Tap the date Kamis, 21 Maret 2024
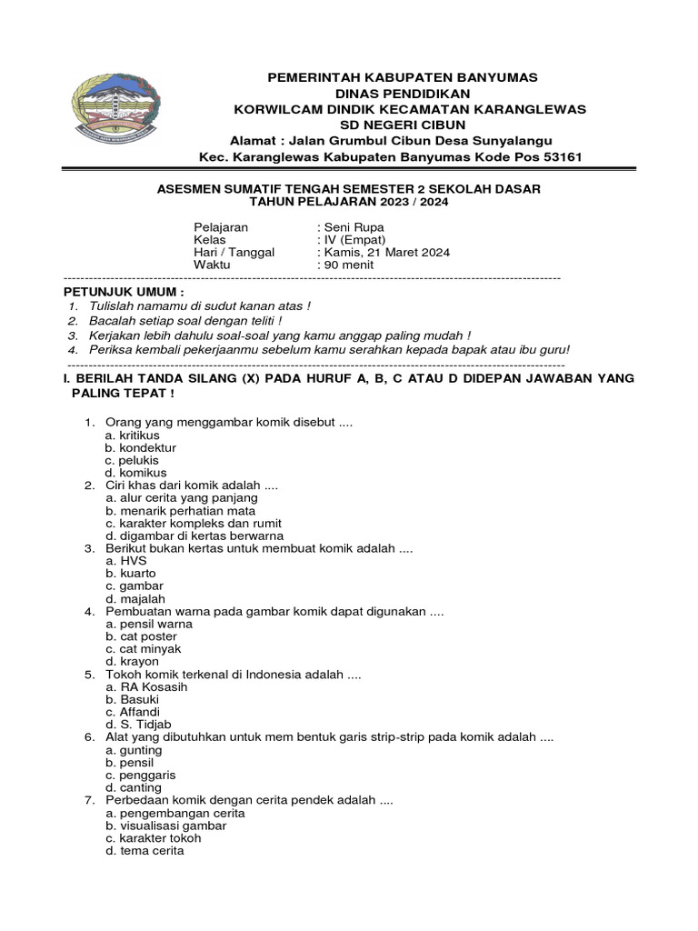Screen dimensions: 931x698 pos(385,253)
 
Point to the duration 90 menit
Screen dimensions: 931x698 pos(348,265)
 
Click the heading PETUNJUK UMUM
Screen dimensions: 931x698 pos(124,292)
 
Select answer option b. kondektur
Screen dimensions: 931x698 pos(141,448)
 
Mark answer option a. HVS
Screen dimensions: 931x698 pos(126,562)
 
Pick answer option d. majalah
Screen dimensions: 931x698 pos(135,599)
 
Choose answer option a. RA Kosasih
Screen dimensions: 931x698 pos(146,687)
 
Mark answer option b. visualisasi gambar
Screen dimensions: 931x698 pos(166,826)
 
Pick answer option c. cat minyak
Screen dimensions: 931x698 pos(144,649)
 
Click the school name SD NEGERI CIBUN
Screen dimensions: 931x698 pos(403,125)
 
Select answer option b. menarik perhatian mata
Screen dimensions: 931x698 pos(180,511)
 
